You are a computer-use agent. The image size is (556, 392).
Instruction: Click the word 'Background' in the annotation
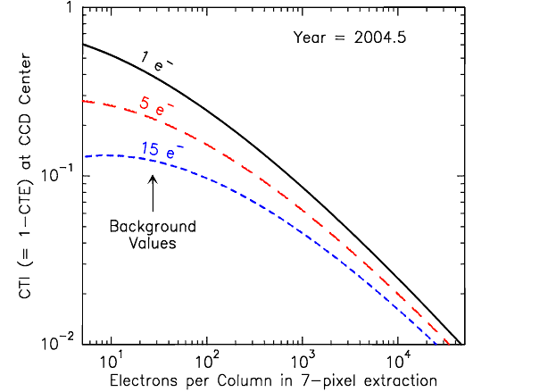(153, 227)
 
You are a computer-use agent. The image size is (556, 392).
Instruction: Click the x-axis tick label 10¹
(110, 362)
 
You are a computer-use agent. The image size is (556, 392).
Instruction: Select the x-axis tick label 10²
(207, 362)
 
